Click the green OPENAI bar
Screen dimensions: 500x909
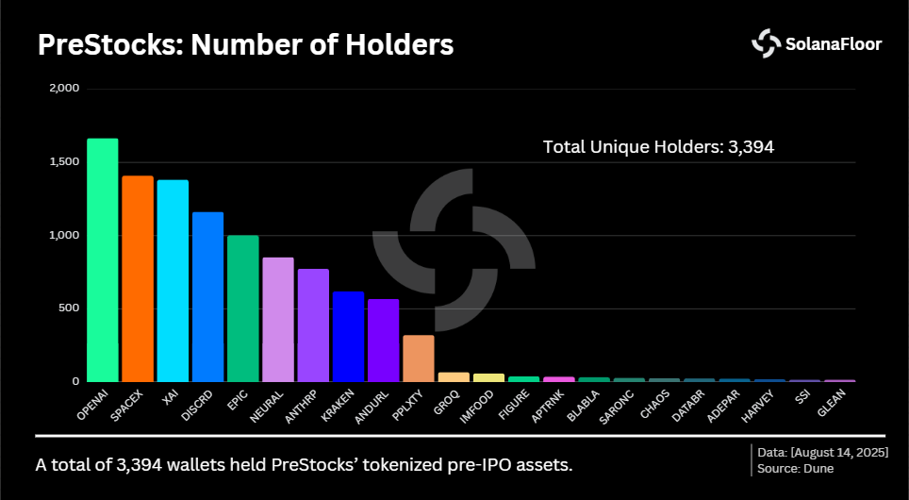[103, 259]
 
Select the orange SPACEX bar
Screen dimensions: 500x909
[138, 278]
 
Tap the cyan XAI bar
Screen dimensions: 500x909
[173, 280]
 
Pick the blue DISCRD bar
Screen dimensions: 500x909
[207, 296]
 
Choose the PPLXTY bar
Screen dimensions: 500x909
[418, 358]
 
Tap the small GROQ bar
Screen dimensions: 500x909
[454, 376]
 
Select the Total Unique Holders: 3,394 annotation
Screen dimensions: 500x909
[658, 147]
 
